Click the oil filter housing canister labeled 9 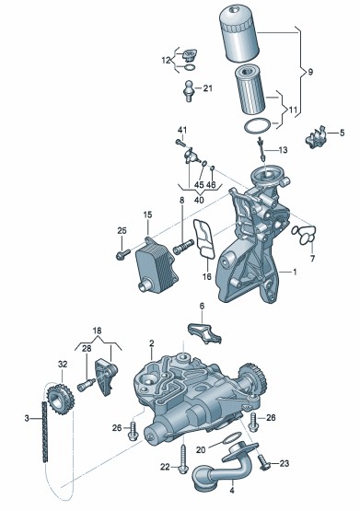pyautogui.click(x=238, y=33)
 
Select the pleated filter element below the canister pyautogui.click(x=250, y=89)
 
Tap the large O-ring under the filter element pyautogui.click(x=258, y=126)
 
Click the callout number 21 pyautogui.click(x=207, y=88)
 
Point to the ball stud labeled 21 pyautogui.click(x=188, y=90)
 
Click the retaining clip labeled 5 pyautogui.click(x=316, y=138)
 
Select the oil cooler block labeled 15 pyautogui.click(x=156, y=264)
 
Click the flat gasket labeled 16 pyautogui.click(x=203, y=239)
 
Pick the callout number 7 pyautogui.click(x=312, y=259)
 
